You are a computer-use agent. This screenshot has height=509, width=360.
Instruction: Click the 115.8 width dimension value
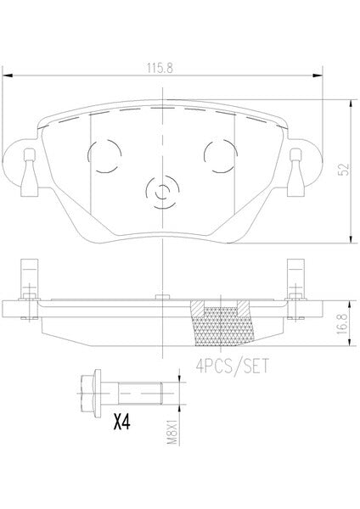[160, 68]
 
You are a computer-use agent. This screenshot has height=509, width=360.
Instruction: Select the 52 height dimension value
[344, 170]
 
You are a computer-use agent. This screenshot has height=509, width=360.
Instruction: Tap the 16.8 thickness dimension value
[342, 324]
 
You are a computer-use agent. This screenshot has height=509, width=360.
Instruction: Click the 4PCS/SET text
[232, 366]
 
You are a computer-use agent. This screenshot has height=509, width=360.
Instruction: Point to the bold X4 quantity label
[122, 422]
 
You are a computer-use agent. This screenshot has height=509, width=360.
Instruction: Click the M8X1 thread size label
[172, 432]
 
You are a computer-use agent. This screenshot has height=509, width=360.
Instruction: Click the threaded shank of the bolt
[140, 394]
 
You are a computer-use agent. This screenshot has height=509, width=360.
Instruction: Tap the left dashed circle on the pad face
[104, 156]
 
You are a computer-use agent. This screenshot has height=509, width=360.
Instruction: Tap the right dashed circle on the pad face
[220, 156]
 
